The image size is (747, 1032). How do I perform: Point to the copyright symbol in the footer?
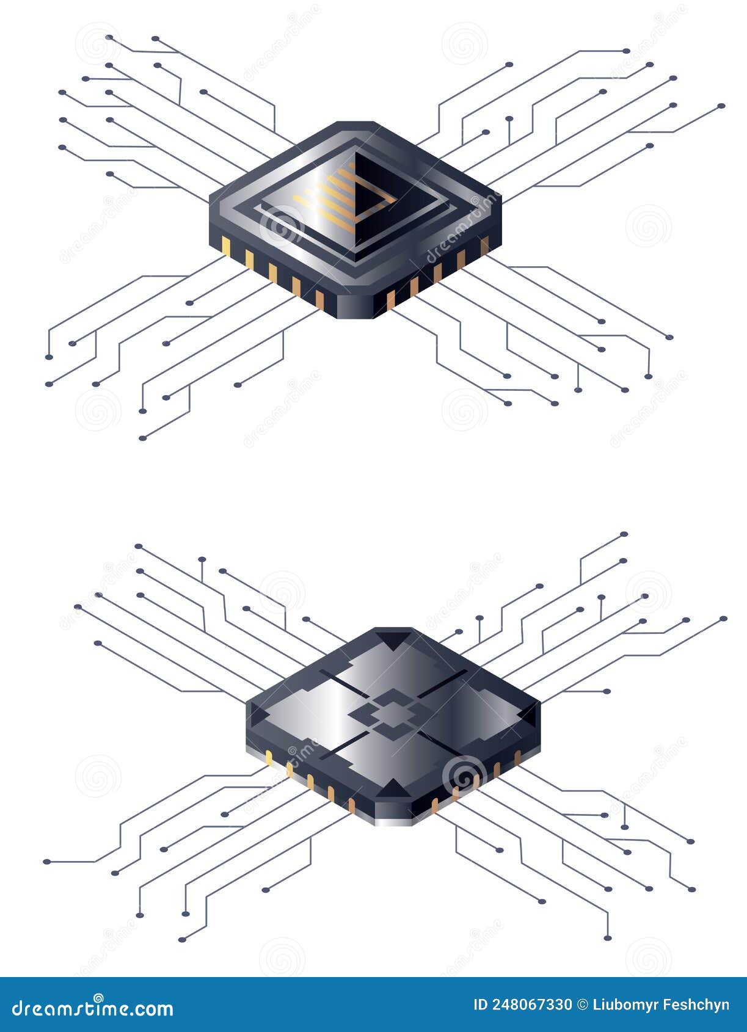(583, 1005)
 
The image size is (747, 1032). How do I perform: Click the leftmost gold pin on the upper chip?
(226, 245)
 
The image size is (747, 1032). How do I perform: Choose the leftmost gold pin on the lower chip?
(269, 758)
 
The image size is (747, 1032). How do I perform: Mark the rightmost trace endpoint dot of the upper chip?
(721, 106)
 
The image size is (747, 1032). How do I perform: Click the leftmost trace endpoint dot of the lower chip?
(46, 862)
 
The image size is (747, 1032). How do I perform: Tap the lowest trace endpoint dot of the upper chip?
(142, 438)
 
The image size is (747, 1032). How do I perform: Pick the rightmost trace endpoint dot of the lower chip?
(724, 619)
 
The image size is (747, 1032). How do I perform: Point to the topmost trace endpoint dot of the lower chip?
(624, 534)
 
